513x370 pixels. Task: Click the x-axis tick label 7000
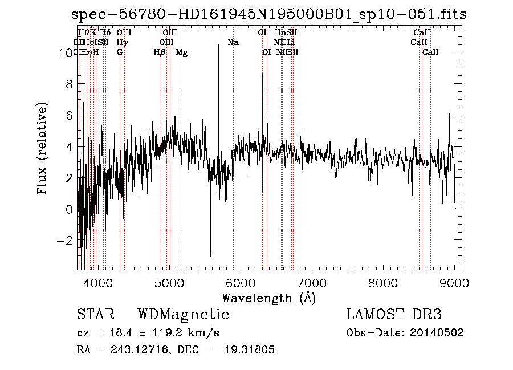(312, 283)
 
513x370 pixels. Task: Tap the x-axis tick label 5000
(169, 283)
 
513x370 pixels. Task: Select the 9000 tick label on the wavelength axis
(454, 283)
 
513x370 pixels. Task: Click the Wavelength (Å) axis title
(268, 298)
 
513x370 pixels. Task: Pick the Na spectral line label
(233, 42)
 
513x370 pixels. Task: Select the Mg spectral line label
(182, 52)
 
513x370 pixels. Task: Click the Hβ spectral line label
(160, 52)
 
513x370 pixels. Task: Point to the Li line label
(291, 42)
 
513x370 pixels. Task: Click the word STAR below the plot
(95, 315)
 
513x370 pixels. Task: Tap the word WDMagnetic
(184, 315)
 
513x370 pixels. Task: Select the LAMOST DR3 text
(394, 315)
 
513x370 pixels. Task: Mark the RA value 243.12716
(131, 350)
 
